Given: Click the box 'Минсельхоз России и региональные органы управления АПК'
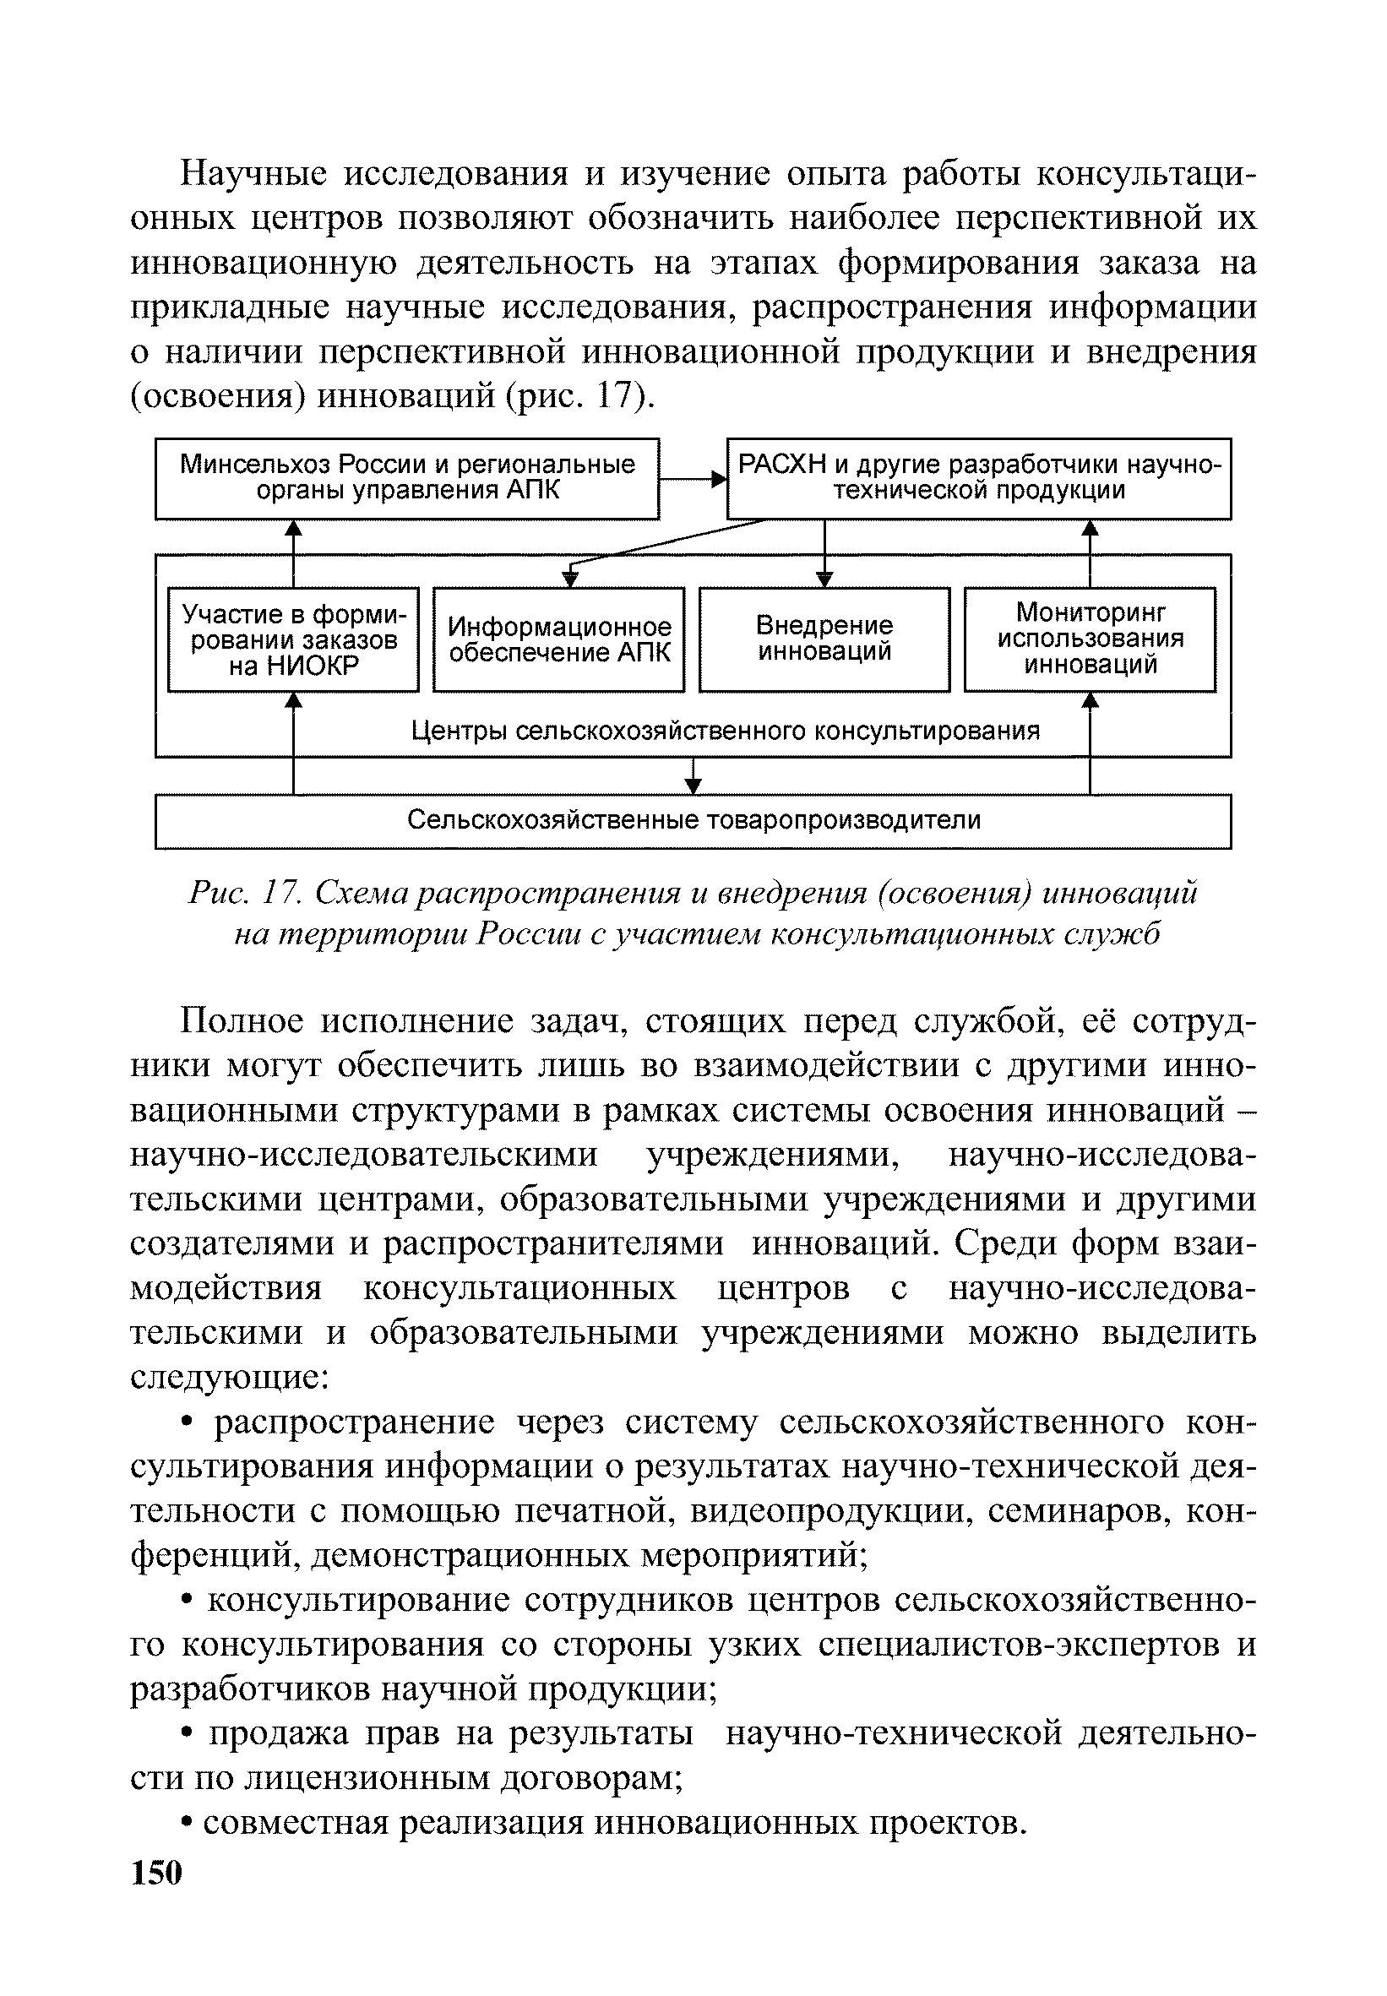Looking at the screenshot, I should click(x=406, y=479).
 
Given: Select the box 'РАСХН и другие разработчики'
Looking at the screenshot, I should click(x=978, y=479).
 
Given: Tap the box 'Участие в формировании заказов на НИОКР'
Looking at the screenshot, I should click(x=293, y=639).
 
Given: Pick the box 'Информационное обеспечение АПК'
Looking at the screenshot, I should click(x=559, y=639).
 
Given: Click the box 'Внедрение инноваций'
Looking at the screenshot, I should click(x=824, y=639).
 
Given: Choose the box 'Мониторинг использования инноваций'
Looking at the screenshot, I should click(x=1090, y=639).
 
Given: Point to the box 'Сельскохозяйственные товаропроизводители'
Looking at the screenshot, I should click(x=693, y=821).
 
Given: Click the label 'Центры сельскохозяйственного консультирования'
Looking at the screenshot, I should click(x=725, y=731).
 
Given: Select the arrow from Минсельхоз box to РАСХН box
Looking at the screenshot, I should click(x=693, y=478).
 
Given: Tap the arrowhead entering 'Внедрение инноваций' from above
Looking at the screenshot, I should click(x=824, y=579).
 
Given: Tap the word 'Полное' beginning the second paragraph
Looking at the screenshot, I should click(x=241, y=1021).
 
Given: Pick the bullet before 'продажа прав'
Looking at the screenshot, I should click(x=187, y=1733).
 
